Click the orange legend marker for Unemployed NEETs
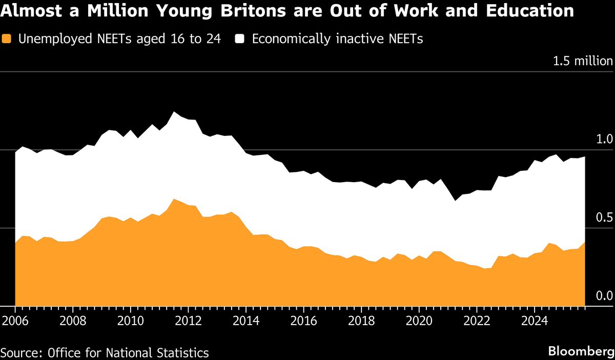7,39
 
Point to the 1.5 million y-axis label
582,61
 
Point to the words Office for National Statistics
128,353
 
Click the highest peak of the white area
174,112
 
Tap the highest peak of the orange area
174,199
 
